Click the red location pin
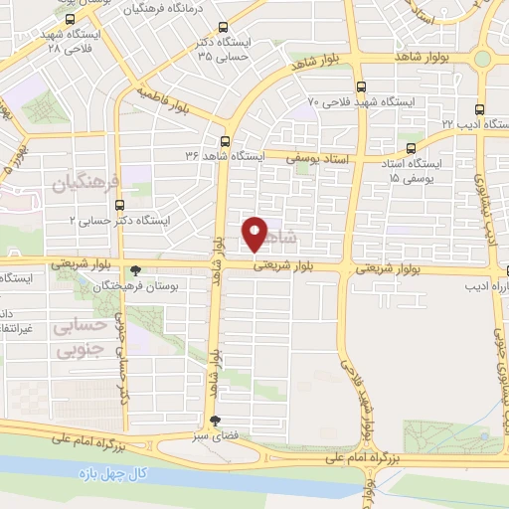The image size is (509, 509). tap(255, 233)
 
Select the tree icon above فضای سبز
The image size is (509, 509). tap(211, 421)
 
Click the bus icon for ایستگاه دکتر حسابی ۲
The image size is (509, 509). tap(120, 205)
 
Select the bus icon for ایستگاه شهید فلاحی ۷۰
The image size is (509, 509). tap(360, 86)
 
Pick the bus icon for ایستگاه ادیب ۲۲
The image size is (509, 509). tap(479, 108)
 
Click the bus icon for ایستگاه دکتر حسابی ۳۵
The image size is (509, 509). tap(224, 30)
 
